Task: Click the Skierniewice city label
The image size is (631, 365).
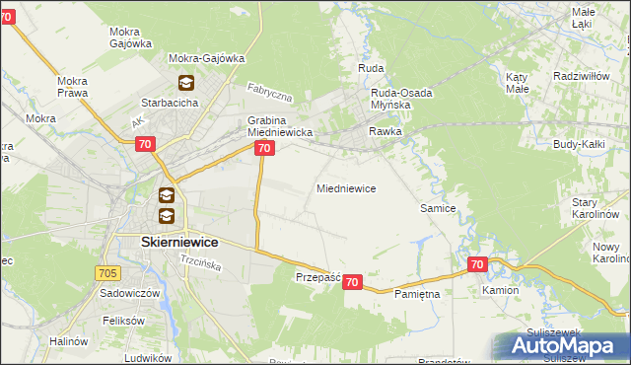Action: (x=166, y=242)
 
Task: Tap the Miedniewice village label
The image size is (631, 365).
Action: (x=345, y=188)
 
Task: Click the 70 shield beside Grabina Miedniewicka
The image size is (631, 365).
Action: (x=263, y=148)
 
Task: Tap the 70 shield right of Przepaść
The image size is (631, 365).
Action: (x=353, y=282)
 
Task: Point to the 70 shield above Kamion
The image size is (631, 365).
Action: (x=477, y=264)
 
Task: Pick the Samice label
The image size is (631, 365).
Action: (x=438, y=209)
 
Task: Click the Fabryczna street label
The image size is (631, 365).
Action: (x=270, y=95)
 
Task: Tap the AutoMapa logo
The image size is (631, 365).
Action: (x=561, y=346)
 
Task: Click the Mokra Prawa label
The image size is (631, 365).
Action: (x=73, y=87)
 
